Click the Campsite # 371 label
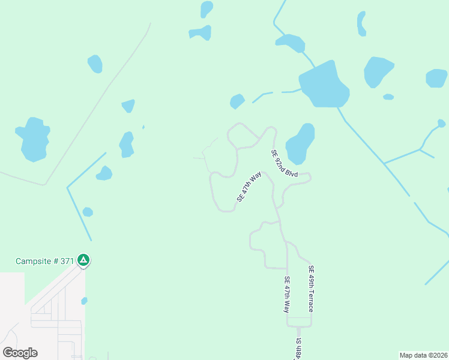click(44, 261)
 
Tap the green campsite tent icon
click(84, 260)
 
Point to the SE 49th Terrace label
click(311, 289)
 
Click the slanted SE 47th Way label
click(250, 187)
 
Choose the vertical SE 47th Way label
click(287, 295)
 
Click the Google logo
click(20, 352)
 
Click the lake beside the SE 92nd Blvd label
click(300, 144)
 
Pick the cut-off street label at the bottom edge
click(298, 349)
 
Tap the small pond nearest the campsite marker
click(84, 301)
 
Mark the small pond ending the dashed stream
click(237, 101)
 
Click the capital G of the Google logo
click(8, 352)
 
